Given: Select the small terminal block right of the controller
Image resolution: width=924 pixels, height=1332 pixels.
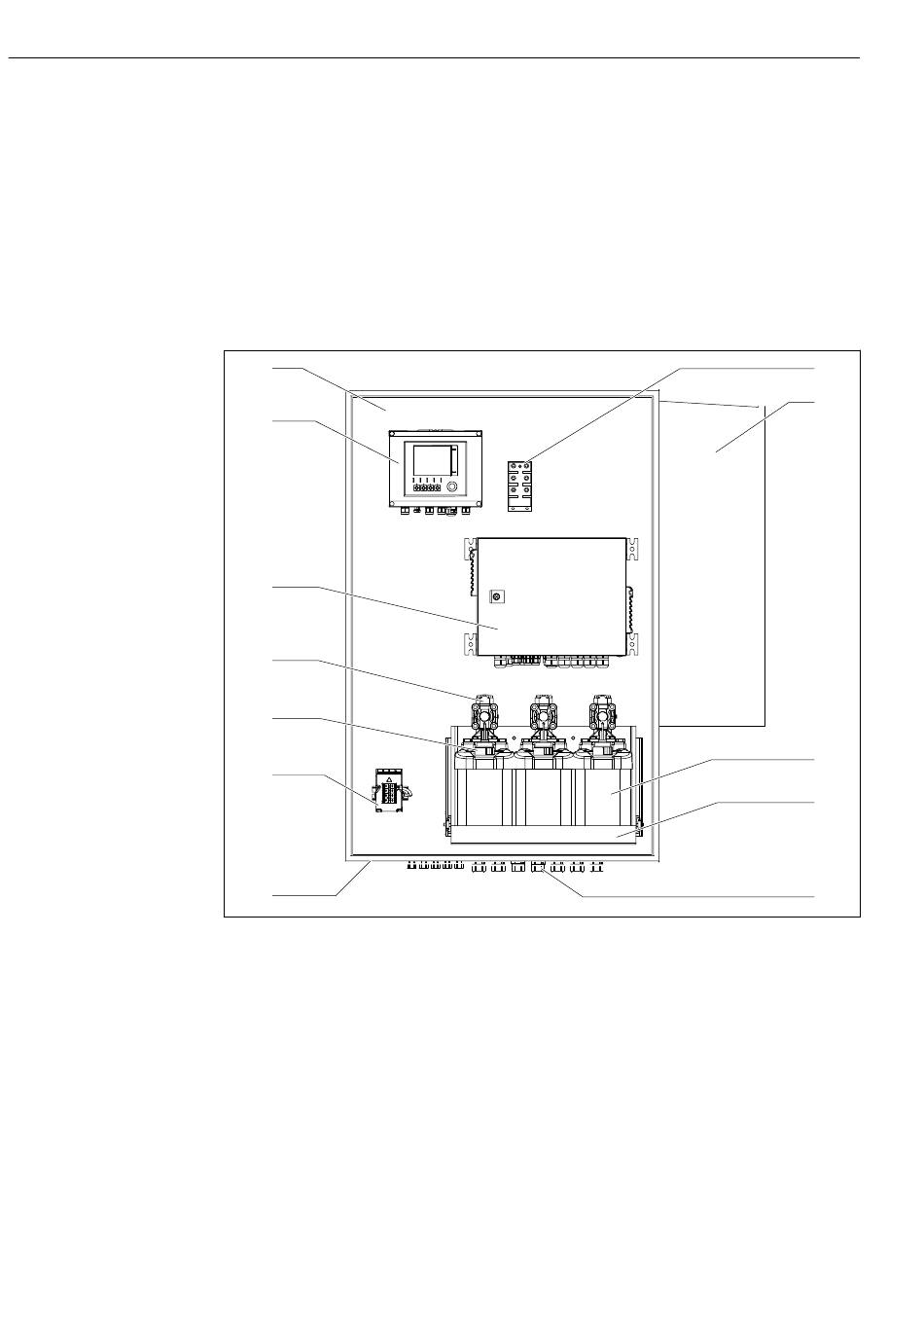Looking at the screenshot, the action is [x=520, y=484].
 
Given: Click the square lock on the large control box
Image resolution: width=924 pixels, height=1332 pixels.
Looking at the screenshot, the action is [x=495, y=595].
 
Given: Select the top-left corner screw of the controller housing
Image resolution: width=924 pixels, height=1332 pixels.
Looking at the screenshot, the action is [x=394, y=438].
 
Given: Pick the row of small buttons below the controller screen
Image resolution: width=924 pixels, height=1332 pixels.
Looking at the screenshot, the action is [x=425, y=487].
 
